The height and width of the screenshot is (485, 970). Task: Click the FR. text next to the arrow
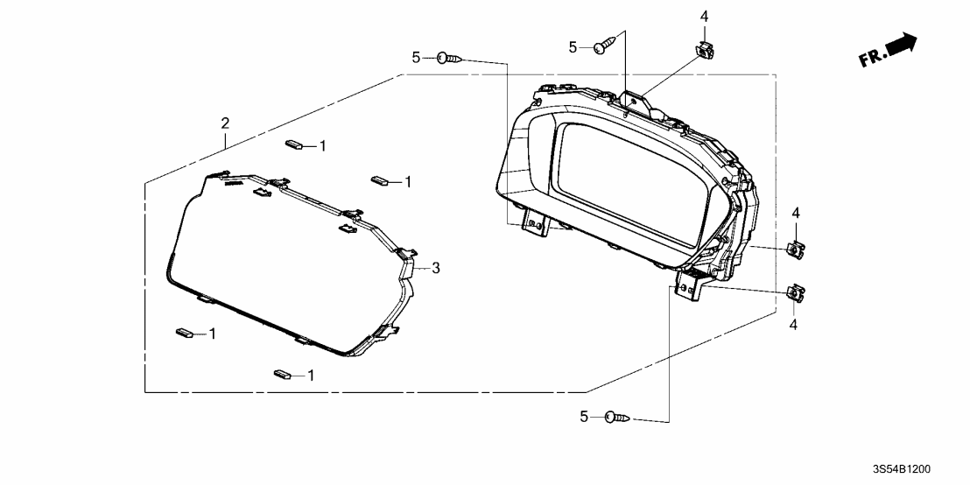pyautogui.click(x=873, y=58)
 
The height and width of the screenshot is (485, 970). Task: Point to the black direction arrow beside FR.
pyautogui.click(x=902, y=44)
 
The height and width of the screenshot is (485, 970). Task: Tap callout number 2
pyautogui.click(x=224, y=122)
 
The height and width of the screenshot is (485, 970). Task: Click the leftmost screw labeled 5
pyautogui.click(x=449, y=58)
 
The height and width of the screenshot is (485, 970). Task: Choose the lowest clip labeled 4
pyautogui.click(x=796, y=294)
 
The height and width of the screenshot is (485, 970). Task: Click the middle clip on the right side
pyautogui.click(x=797, y=250)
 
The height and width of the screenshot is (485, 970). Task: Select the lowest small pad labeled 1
pyautogui.click(x=283, y=375)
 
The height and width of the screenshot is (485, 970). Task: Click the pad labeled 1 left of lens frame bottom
pyautogui.click(x=186, y=333)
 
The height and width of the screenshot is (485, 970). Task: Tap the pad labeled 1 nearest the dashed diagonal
pyautogui.click(x=380, y=181)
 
